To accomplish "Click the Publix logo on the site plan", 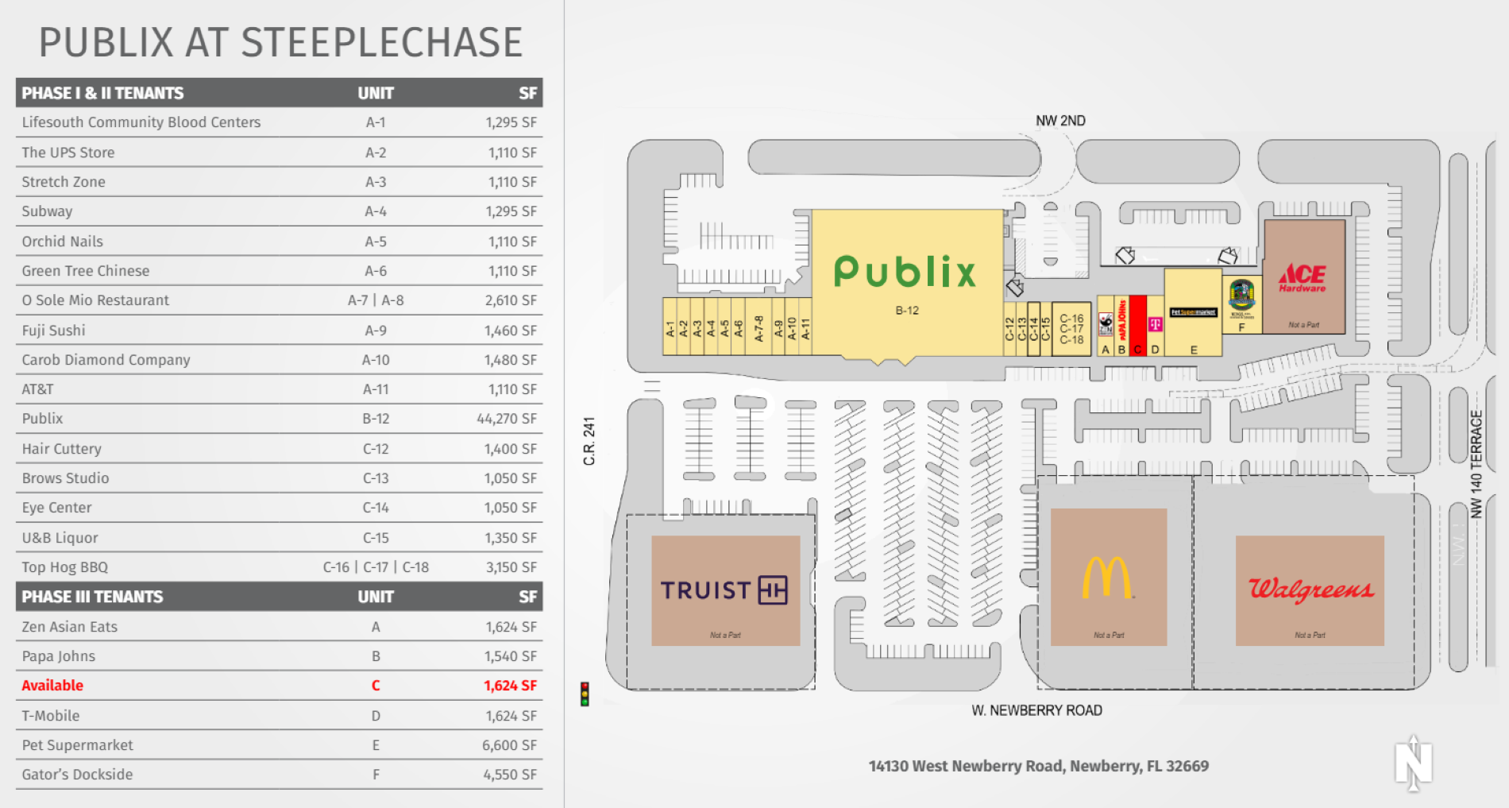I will pyautogui.click(x=905, y=272).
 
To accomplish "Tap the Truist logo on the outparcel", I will pyautogui.click(x=724, y=590).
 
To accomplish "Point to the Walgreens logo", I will pyautogui.click(x=1310, y=589).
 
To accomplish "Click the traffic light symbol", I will pyautogui.click(x=585, y=694).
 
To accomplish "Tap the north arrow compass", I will pyautogui.click(x=1413, y=763).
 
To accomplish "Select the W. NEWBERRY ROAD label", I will pyautogui.click(x=1036, y=710).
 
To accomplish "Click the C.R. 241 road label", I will pyautogui.click(x=589, y=441).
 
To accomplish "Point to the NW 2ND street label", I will pyautogui.click(x=1060, y=121).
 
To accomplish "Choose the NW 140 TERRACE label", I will pyautogui.click(x=1476, y=464).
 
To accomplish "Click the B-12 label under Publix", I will pyautogui.click(x=907, y=311).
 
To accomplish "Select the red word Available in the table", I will pyautogui.click(x=52, y=686).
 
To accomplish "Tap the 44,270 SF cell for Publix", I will pyautogui.click(x=507, y=419).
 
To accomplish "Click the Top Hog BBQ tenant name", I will pyautogui.click(x=65, y=567).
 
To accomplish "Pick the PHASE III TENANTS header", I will pyautogui.click(x=92, y=597).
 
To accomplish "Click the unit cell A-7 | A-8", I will pyautogui.click(x=376, y=300).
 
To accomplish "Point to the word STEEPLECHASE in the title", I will pyautogui.click(x=381, y=43).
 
